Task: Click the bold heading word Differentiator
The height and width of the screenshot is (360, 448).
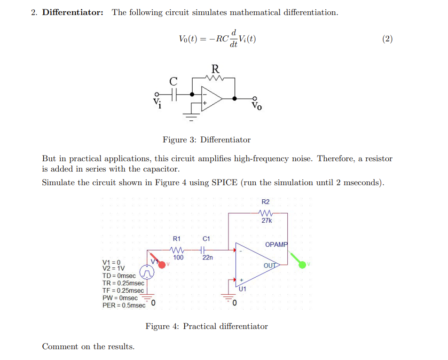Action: coord(73,13)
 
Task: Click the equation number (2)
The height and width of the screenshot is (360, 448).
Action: coord(387,39)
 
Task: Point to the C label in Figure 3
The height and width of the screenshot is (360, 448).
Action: coord(173,82)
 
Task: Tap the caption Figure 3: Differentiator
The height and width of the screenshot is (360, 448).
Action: coord(206,140)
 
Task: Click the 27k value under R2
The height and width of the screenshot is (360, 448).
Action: coord(266,220)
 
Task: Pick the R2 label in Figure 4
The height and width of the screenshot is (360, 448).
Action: coord(266,202)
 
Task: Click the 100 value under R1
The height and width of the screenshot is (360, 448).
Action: coord(178,258)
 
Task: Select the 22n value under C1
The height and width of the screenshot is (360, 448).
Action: coord(207,258)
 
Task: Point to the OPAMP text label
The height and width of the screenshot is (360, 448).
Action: coord(276,244)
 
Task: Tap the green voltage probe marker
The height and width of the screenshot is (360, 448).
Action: coord(302,265)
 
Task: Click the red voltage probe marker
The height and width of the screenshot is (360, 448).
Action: coord(162,265)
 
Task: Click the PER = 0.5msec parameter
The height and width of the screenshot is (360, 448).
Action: coord(124,305)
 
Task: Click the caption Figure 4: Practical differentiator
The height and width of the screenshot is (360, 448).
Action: coord(206,326)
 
